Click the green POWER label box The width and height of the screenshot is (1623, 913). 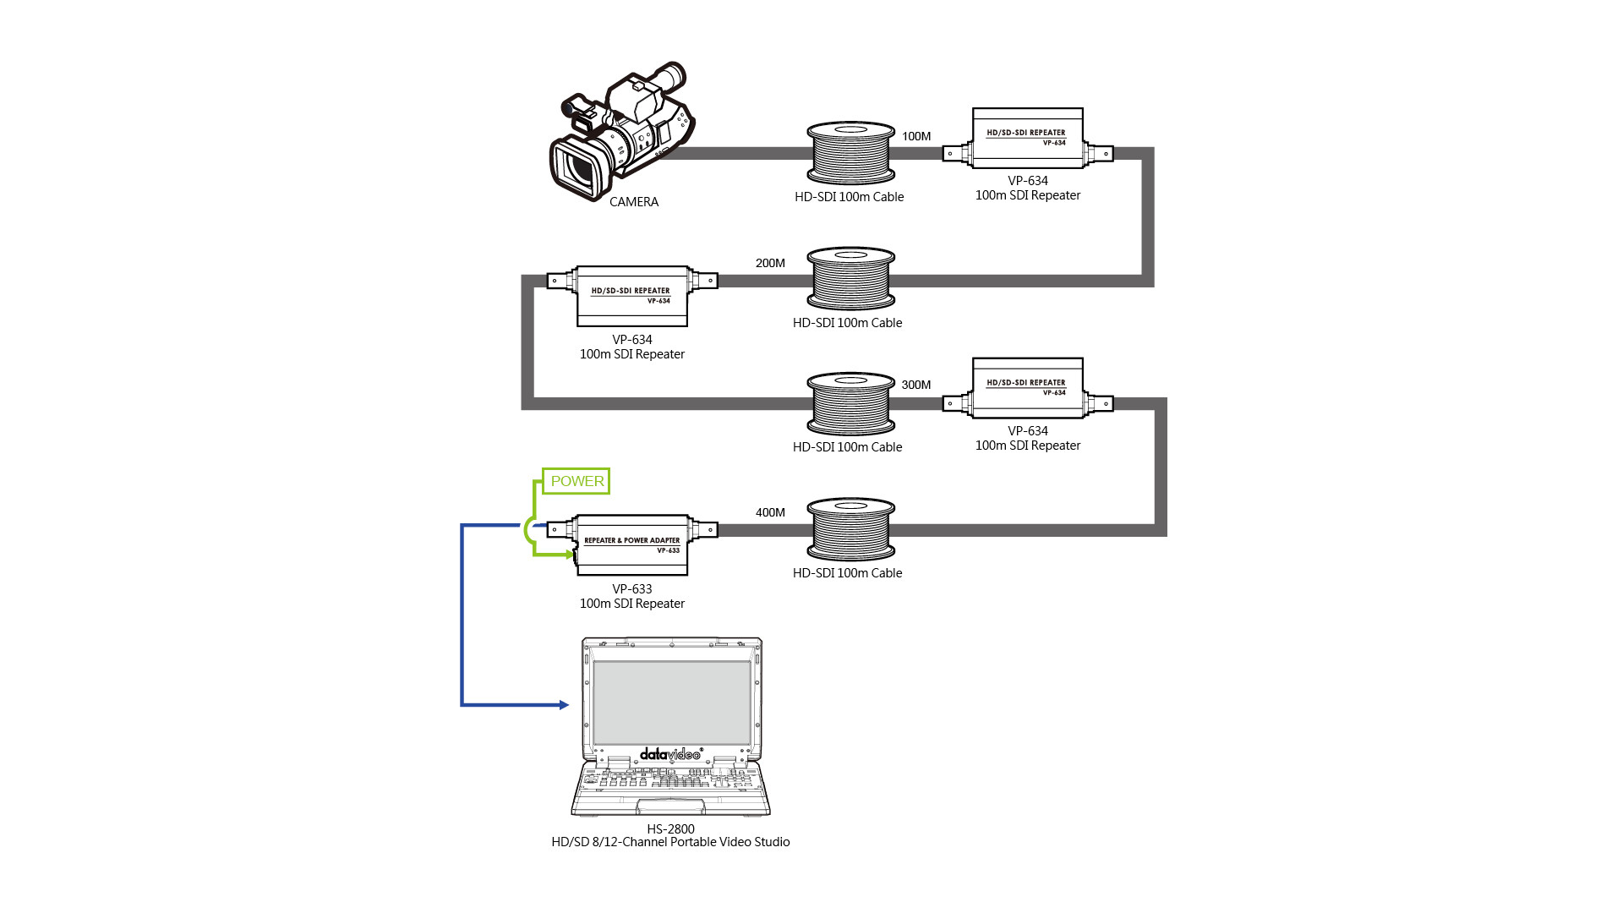(576, 481)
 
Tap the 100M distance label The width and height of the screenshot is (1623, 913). (916, 136)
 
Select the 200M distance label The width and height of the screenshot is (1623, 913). (770, 263)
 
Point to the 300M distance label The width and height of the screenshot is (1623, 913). (916, 385)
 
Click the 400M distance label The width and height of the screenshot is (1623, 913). (770, 512)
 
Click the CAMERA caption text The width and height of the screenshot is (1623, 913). (634, 202)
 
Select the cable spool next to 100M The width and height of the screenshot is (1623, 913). (850, 153)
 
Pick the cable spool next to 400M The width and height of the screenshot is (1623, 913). (850, 530)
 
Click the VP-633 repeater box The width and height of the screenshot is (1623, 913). (632, 544)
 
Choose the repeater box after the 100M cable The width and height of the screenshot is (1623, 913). (1028, 139)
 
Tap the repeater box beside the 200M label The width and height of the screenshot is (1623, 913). (632, 296)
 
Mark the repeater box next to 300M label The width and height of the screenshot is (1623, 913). (1028, 389)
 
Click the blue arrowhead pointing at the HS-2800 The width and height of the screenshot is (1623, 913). (564, 705)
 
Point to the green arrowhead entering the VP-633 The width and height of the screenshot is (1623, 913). (571, 555)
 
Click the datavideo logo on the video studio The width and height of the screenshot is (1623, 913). (670, 753)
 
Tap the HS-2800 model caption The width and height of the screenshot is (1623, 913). (670, 829)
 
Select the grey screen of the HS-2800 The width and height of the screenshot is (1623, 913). (672, 703)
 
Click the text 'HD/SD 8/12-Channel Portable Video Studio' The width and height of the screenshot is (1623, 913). (670, 842)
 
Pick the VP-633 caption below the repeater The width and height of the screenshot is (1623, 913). (632, 589)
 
